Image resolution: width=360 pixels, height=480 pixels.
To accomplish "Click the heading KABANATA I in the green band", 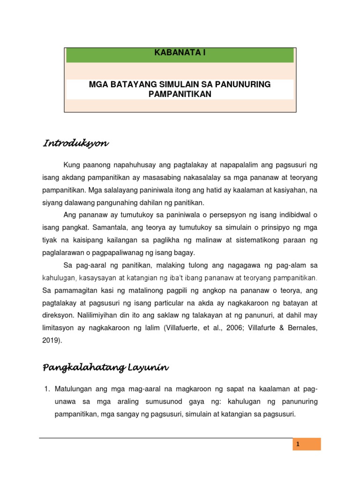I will point(180,53).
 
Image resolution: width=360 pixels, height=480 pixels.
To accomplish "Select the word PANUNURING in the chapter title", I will point(245,84).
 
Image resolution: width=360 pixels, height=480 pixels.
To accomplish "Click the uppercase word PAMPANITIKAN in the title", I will point(180,94).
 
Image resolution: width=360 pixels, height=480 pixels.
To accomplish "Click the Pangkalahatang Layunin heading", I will point(105,368).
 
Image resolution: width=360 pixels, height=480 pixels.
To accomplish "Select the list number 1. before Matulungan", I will point(46,390).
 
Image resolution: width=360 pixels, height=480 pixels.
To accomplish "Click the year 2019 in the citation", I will point(52,341).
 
